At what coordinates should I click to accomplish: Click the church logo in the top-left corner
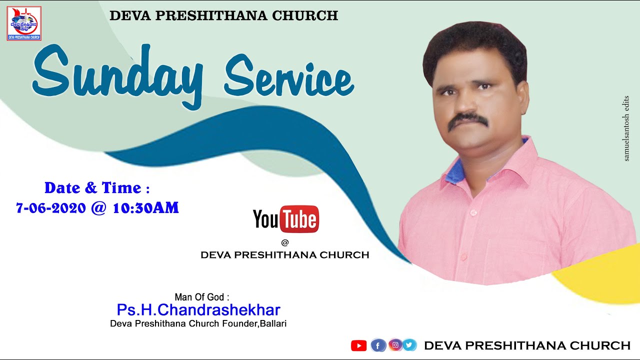24,23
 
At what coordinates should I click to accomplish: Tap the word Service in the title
288,78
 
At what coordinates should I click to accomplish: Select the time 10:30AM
145,208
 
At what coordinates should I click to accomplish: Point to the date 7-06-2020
51,208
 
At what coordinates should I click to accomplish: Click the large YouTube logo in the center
286,219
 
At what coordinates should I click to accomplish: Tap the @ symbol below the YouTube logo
285,242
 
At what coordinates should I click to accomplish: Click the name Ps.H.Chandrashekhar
198,310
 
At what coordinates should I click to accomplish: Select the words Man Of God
199,297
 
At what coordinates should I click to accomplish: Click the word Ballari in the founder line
272,323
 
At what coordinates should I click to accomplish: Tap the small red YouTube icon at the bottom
358,345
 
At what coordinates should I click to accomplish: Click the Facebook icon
378,345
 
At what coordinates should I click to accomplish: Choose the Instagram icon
395,344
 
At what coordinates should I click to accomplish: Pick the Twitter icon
409,344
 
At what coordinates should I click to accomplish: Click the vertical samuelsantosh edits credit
626,128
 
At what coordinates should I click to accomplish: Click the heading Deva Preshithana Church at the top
223,15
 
